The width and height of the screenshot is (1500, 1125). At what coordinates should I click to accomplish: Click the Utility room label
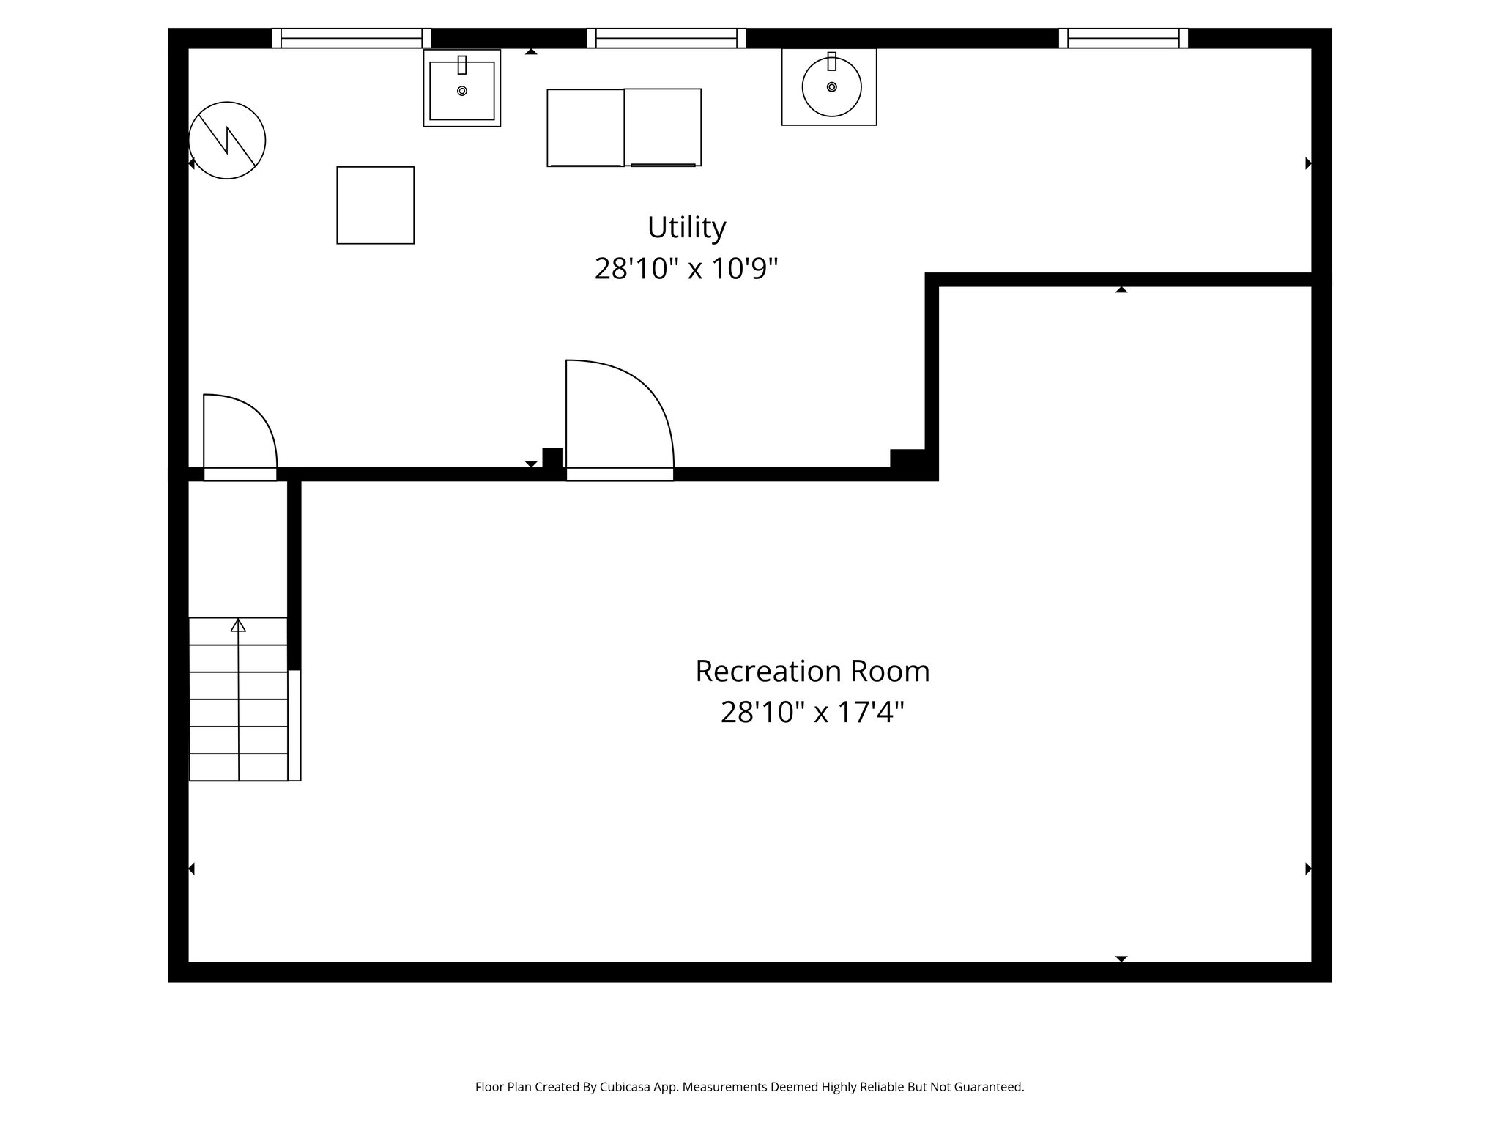tap(686, 228)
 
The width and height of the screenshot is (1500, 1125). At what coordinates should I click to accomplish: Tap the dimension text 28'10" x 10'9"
tap(686, 269)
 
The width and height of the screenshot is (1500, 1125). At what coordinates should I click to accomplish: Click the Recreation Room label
tap(812, 671)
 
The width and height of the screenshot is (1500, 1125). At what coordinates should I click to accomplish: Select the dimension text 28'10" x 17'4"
tap(812, 712)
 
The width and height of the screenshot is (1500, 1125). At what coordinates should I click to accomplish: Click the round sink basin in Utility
tap(831, 86)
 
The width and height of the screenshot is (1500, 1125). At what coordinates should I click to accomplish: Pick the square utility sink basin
tap(461, 91)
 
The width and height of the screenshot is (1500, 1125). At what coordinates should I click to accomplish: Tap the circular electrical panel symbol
tap(227, 140)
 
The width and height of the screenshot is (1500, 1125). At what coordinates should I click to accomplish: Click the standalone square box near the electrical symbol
tap(375, 205)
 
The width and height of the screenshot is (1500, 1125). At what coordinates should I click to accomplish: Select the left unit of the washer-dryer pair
tap(585, 127)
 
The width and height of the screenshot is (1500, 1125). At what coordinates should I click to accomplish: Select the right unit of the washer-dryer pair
tap(663, 127)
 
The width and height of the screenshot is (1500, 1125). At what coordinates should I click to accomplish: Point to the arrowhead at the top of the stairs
tap(238, 625)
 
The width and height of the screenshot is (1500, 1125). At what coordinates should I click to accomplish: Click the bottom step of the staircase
tap(238, 767)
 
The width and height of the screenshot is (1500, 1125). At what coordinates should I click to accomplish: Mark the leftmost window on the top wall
tap(352, 38)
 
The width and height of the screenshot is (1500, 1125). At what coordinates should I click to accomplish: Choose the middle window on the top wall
tap(667, 38)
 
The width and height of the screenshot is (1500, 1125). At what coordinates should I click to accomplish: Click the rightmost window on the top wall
tap(1123, 38)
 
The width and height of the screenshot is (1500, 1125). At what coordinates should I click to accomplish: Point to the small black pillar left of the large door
tap(552, 458)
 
